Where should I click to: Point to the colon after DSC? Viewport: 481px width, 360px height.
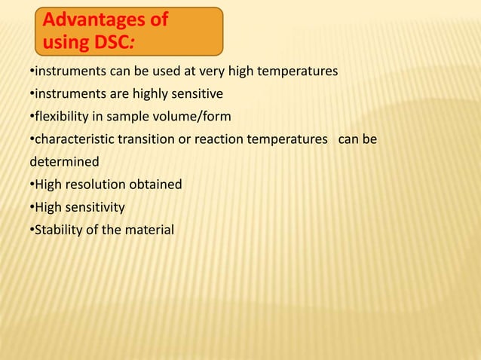[134, 41]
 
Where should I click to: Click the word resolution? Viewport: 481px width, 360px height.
[95, 184]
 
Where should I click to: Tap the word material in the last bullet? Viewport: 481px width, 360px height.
[149, 229]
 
